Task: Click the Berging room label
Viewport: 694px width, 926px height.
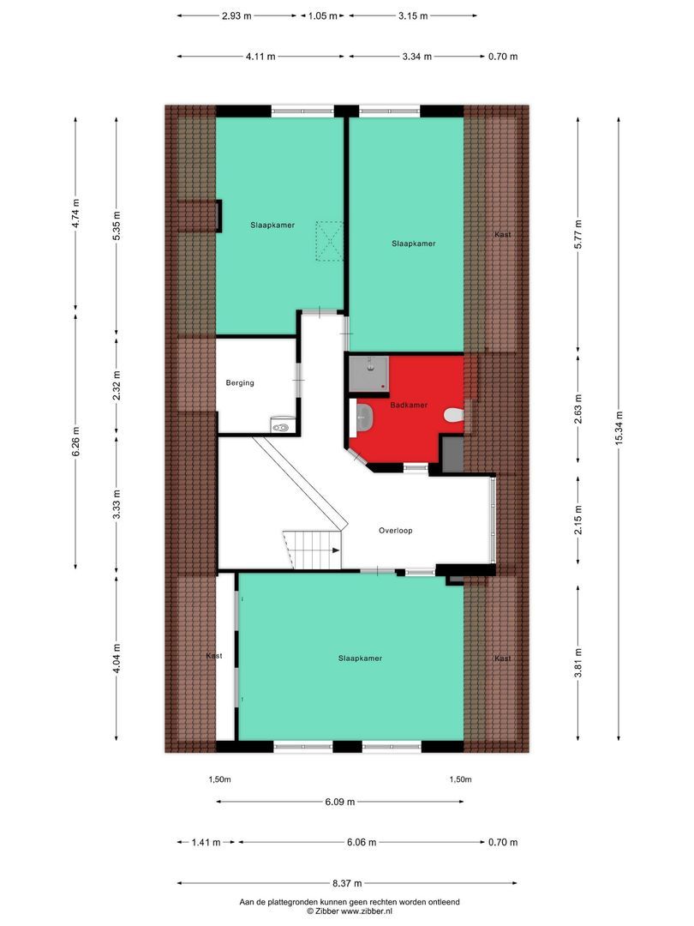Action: (240, 383)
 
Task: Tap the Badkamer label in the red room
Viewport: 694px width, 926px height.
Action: (408, 405)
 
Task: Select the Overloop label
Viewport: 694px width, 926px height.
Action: (396, 531)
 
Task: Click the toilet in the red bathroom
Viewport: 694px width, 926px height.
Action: (454, 416)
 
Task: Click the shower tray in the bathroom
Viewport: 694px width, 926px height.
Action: (369, 373)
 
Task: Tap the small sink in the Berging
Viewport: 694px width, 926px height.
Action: (281, 423)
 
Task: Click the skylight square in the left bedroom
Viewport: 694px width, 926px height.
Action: (329, 241)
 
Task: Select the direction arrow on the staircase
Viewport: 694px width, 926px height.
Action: (335, 551)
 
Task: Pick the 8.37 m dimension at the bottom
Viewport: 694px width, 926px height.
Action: (348, 883)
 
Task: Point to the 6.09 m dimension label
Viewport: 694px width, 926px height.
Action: (339, 802)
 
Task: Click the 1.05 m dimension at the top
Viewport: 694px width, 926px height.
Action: (323, 15)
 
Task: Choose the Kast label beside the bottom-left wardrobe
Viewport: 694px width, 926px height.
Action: (214, 656)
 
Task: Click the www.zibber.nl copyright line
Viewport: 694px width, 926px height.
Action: (350, 911)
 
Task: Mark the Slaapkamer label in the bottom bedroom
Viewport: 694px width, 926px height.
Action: (360, 658)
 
